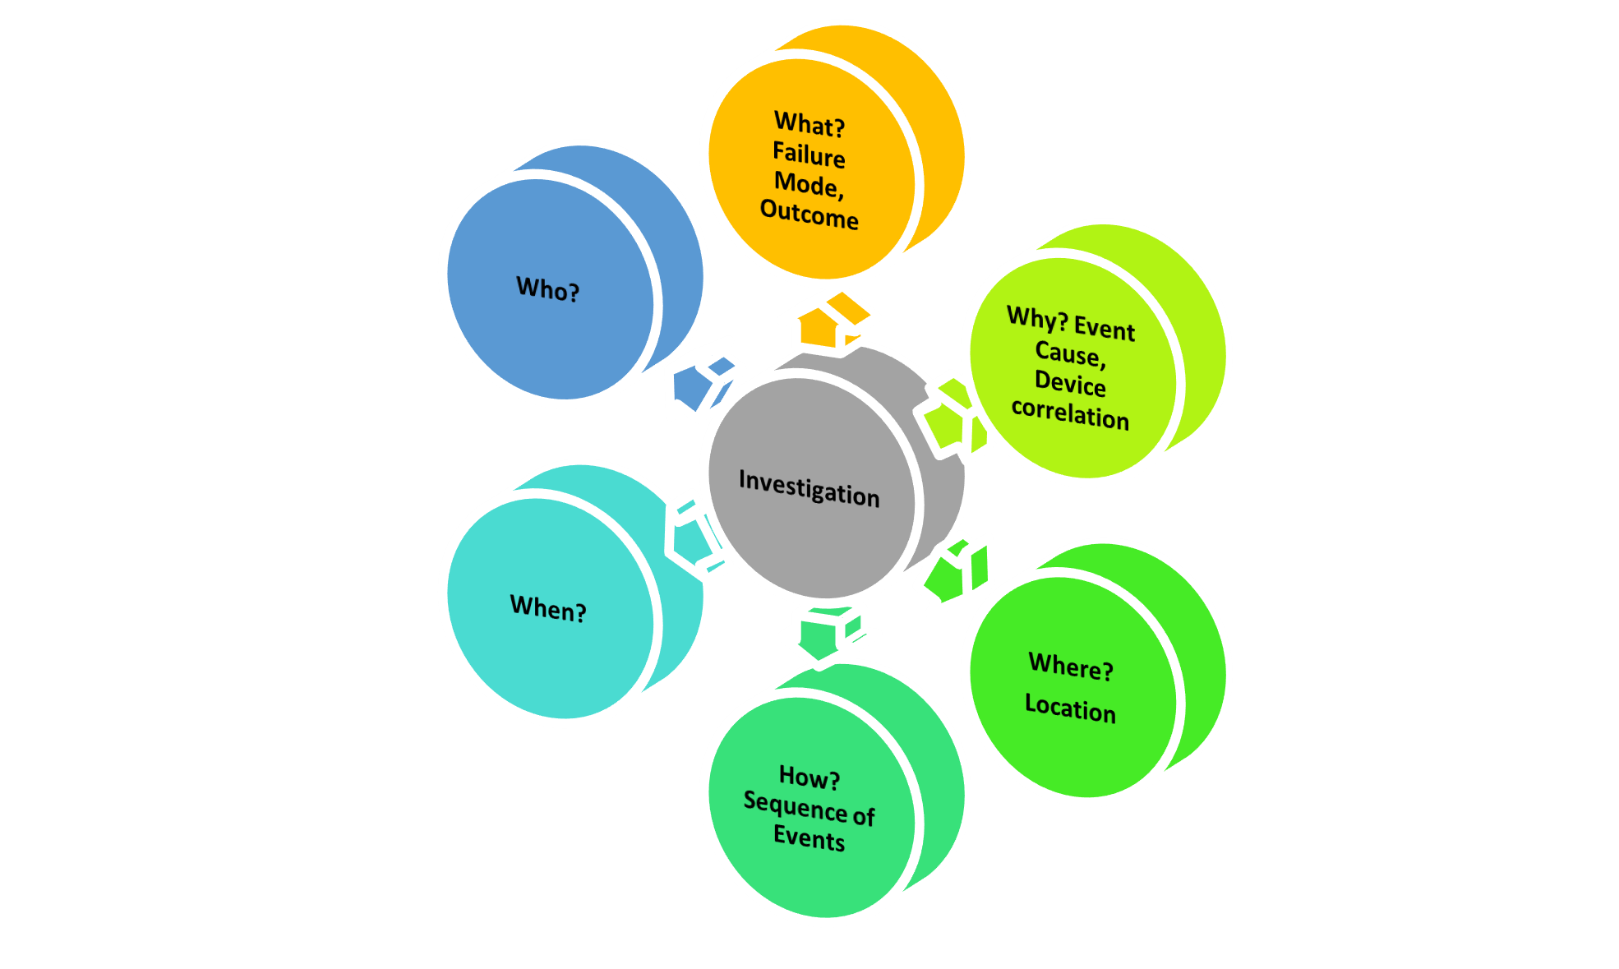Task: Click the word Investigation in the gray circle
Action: (x=809, y=488)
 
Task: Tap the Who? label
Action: (x=547, y=289)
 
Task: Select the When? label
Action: (x=547, y=609)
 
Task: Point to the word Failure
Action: (x=809, y=155)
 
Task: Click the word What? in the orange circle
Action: (x=809, y=125)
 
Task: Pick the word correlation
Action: (x=1070, y=413)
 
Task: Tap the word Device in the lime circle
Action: (x=1070, y=383)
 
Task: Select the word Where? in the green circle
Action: (x=1071, y=667)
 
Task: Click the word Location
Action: (x=1070, y=708)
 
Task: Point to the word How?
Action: (x=809, y=777)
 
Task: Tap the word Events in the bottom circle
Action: (x=809, y=838)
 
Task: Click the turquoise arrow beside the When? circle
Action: (x=694, y=535)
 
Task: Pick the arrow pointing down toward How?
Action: (x=827, y=633)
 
